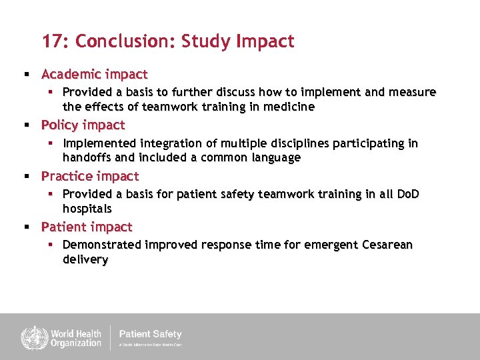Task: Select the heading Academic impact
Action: (94, 74)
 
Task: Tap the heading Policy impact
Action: (83, 125)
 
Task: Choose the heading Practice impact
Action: (90, 176)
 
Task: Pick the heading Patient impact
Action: (87, 227)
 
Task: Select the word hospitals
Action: (87, 209)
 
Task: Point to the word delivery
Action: (85, 259)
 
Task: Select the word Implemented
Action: (99, 143)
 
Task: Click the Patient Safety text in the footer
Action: (150, 334)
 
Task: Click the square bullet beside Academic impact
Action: (26, 75)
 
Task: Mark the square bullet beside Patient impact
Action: (26, 227)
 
